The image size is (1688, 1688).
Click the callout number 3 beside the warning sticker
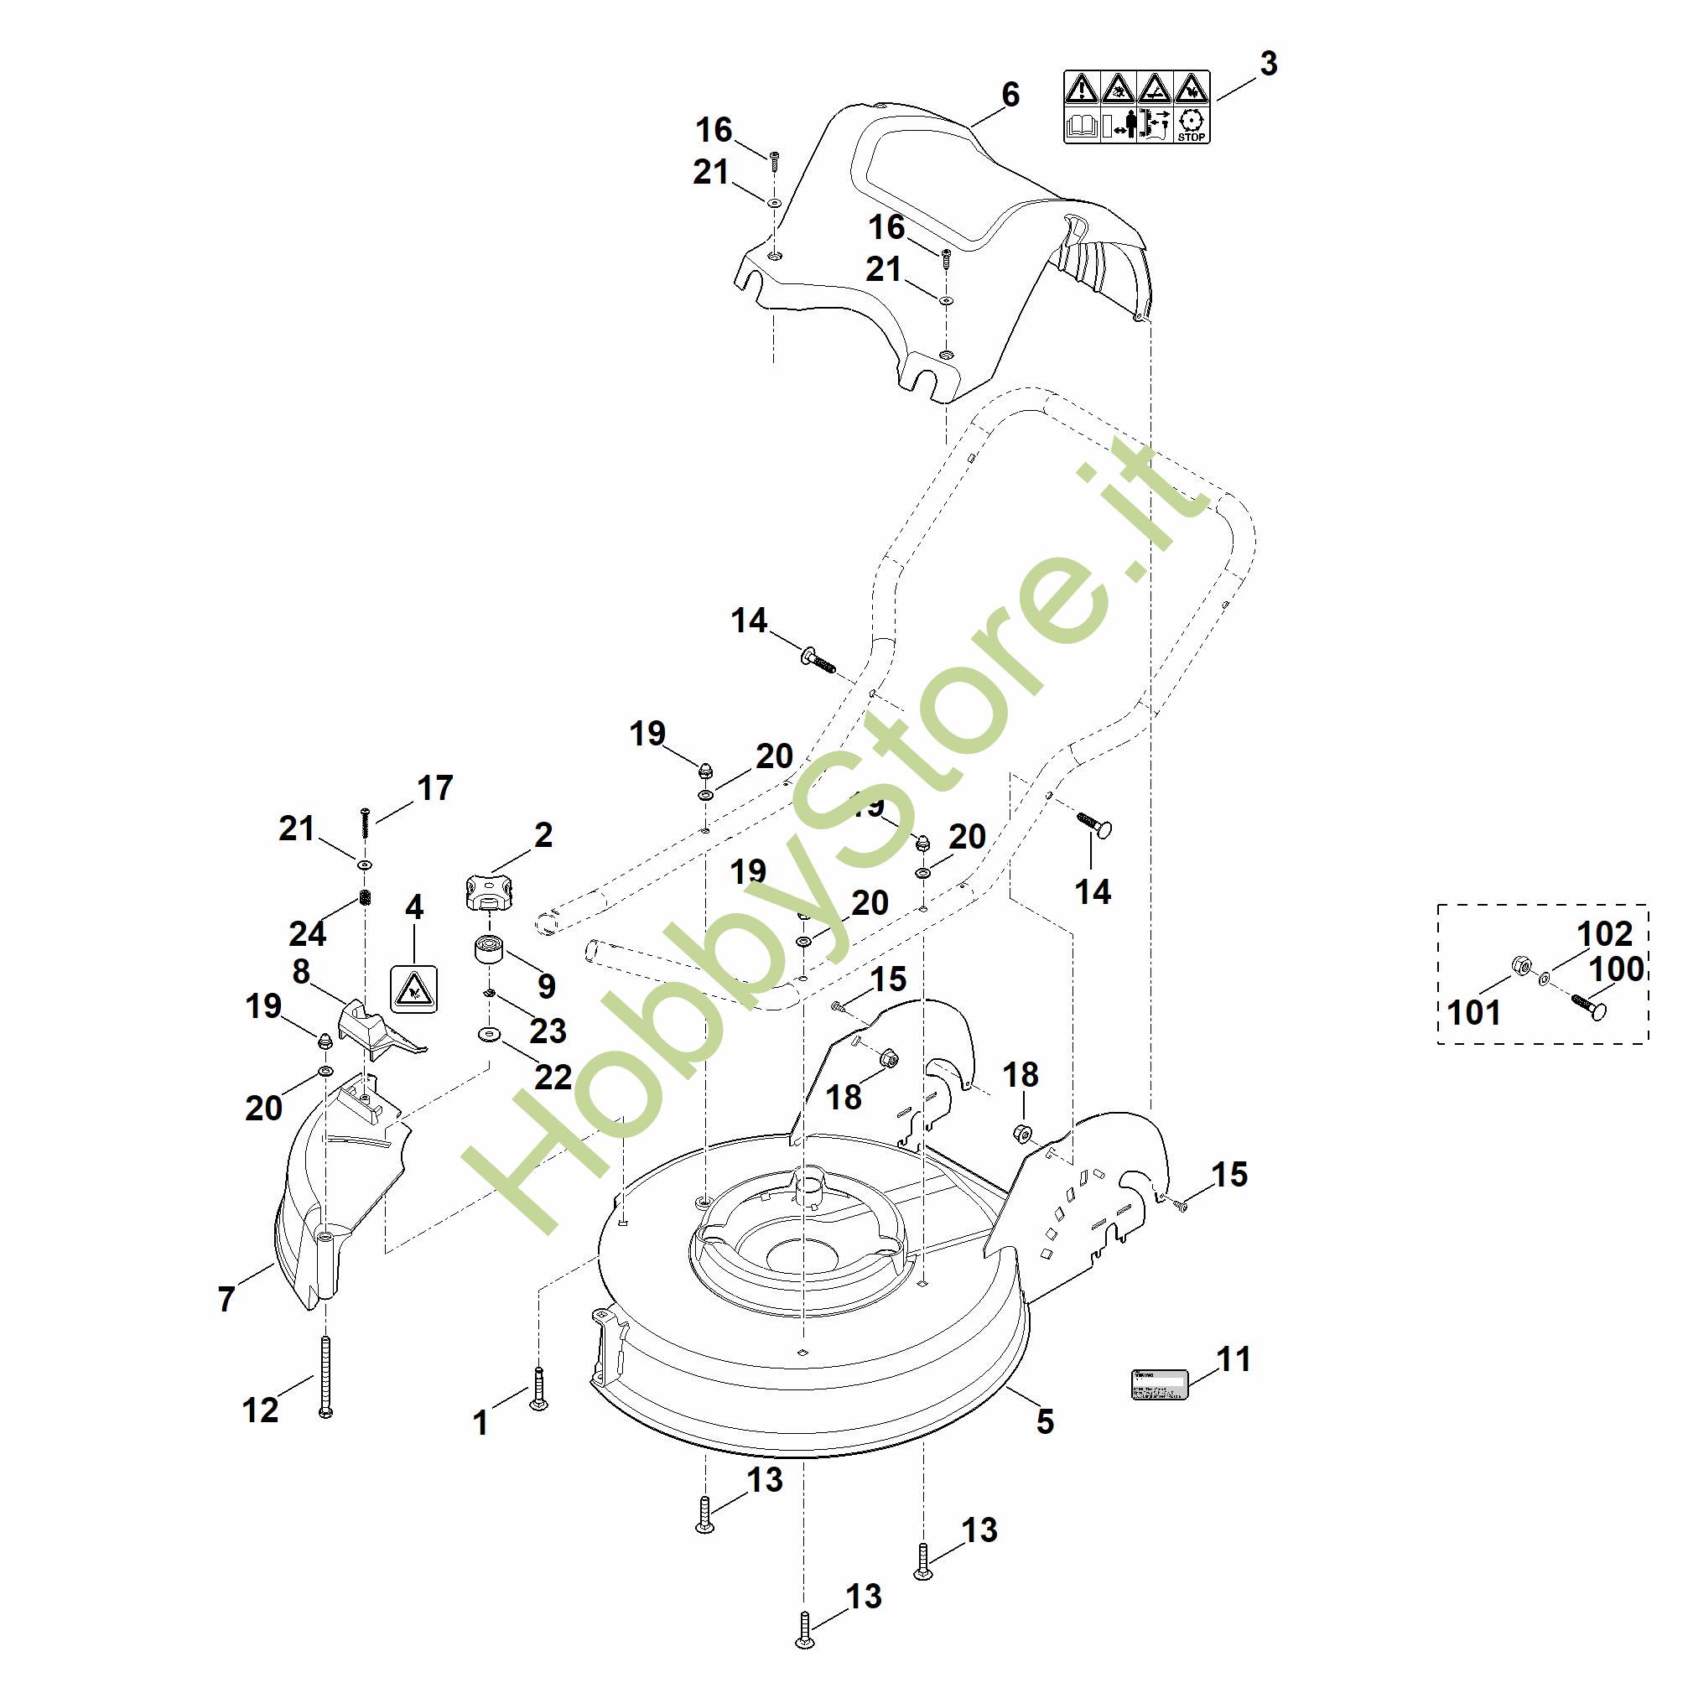pyautogui.click(x=1269, y=64)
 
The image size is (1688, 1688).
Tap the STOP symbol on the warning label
pyautogui.click(x=1191, y=124)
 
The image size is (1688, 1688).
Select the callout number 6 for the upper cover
pyautogui.click(x=1010, y=95)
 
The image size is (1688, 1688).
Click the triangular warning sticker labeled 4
pyautogui.click(x=413, y=990)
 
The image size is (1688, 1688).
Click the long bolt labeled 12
pyautogui.click(x=326, y=1374)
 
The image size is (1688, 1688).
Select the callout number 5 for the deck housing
pyautogui.click(x=1045, y=1421)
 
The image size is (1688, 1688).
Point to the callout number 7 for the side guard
pyautogui.click(x=227, y=1298)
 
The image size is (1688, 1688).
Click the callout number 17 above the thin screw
pyautogui.click(x=434, y=788)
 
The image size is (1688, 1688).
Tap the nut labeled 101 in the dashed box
pyautogui.click(x=1520, y=965)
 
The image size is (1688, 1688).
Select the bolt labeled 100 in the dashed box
pyautogui.click(x=1589, y=1005)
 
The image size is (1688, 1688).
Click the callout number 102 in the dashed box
pyautogui.click(x=1604, y=934)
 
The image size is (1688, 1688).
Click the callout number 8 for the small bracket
pyautogui.click(x=301, y=972)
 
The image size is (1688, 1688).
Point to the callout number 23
pyautogui.click(x=548, y=1031)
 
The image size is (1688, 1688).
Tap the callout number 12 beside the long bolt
pyautogui.click(x=259, y=1410)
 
